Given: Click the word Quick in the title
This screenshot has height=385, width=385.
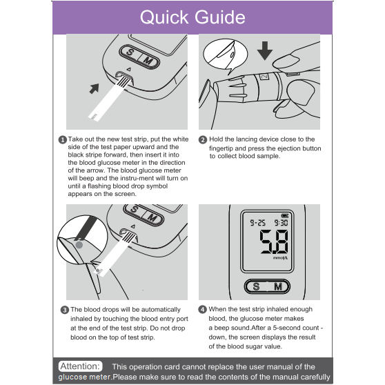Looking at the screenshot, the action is point(164,18).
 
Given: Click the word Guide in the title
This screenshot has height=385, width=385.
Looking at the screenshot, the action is point(220,17).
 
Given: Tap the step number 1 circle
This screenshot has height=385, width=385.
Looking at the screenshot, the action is point(62,140).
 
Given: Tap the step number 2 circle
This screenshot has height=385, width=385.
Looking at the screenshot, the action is point(203,140).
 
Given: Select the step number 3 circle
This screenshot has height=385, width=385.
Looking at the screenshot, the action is point(65,310).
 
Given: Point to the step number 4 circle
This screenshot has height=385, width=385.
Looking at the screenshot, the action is point(202,309).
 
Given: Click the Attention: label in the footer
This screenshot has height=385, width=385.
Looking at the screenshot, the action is point(80,366).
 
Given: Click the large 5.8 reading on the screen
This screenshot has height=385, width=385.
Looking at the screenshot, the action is point(274,242).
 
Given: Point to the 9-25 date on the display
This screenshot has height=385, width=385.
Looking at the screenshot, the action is point(257,223).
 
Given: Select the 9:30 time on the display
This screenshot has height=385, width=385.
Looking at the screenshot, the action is point(281,223).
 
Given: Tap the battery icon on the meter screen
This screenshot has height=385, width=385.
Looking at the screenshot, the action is point(285,215).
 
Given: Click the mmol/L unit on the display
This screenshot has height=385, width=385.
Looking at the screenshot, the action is point(280,258).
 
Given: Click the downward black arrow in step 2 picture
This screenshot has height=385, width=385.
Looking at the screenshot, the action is point(265,51).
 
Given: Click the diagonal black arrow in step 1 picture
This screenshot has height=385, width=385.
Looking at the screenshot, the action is point(95,88).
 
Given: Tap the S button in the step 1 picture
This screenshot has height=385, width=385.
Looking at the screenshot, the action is point(130,52).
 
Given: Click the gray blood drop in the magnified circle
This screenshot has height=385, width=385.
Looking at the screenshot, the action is point(79,244).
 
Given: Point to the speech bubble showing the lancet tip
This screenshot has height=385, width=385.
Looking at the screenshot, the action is point(225,55).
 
